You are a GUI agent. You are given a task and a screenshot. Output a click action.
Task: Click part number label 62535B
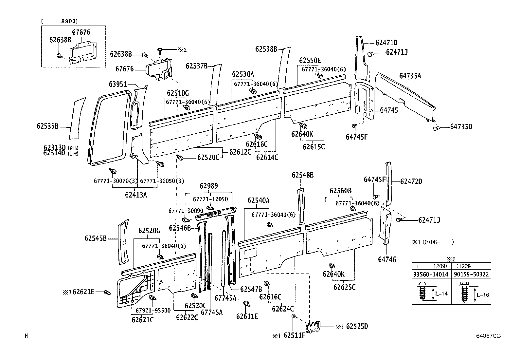point(47,126)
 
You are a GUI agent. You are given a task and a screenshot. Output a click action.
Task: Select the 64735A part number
point(410,76)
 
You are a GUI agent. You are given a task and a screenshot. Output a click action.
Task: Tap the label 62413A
point(136,195)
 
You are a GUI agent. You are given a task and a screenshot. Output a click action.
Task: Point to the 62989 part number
point(209,186)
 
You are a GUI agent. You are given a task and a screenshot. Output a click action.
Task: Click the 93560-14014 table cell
point(431,274)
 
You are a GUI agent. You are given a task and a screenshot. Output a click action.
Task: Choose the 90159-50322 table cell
point(471,274)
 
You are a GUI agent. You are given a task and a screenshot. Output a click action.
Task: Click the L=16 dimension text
point(483,295)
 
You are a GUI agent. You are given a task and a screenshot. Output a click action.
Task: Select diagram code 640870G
point(488,336)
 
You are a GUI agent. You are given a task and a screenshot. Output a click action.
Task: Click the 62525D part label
point(357,327)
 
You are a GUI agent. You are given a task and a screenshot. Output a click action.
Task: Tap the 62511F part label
point(294,336)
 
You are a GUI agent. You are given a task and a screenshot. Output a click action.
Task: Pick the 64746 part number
point(387,259)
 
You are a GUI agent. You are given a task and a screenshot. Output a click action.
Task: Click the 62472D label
point(411,181)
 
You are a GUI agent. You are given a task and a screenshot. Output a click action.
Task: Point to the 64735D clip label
point(461,127)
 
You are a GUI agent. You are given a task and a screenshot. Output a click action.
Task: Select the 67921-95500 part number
point(153,310)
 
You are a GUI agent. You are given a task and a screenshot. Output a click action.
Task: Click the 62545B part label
point(96,238)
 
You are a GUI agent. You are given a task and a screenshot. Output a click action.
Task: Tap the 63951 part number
point(118,85)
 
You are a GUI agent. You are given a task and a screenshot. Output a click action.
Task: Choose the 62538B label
point(266,49)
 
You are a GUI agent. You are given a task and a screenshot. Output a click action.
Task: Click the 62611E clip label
point(247,316)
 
